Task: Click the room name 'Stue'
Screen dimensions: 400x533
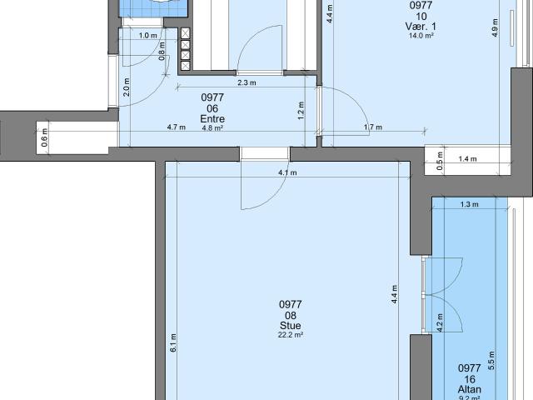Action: [290, 326]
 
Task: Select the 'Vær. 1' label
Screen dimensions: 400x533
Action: [421, 27]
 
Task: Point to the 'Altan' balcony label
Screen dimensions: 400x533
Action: [470, 389]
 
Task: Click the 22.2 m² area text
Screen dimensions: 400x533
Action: [290, 335]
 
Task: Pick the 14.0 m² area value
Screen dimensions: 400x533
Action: [421, 36]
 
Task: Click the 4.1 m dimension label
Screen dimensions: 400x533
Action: [287, 173]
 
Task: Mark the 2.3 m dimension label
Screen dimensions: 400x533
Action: [246, 82]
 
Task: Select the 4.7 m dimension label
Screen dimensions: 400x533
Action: [176, 127]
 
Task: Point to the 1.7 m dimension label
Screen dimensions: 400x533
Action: [372, 127]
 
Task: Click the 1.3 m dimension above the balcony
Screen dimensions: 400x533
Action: [470, 204]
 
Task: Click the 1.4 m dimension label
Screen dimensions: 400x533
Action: [467, 157]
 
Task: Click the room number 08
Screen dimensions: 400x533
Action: [290, 315]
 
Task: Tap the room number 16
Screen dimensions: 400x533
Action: [470, 378]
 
